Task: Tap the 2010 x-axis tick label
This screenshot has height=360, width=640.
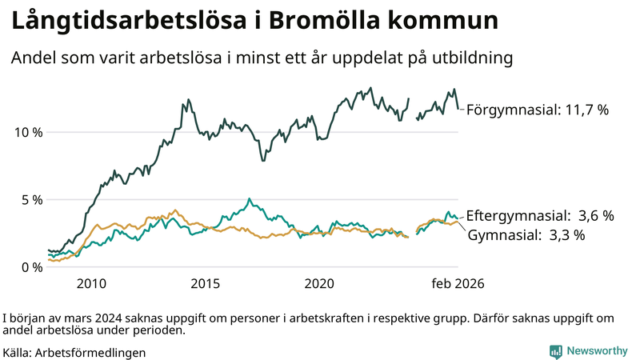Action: [91, 284]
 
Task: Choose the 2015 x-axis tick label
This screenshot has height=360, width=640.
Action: [206, 284]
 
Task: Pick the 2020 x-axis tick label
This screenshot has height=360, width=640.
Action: [320, 284]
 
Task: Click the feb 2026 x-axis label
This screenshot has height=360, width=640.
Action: [458, 284]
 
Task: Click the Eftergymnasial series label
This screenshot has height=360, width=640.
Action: [515, 216]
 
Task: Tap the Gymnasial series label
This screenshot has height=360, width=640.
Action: [502, 235]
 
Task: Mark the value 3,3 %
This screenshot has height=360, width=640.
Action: [566, 235]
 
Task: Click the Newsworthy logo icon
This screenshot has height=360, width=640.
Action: [555, 351]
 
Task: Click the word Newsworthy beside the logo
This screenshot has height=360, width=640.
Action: [597, 351]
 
